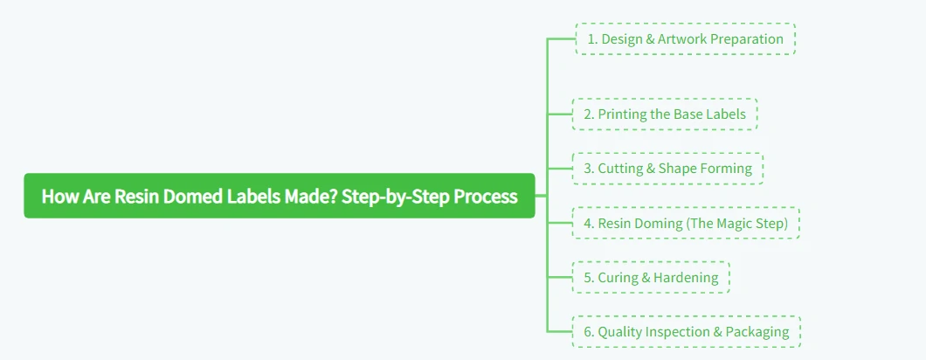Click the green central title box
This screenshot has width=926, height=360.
click(279, 196)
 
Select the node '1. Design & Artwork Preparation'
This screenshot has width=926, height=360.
click(685, 39)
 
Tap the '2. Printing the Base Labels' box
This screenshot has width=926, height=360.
click(665, 114)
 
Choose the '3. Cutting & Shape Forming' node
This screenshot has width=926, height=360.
click(667, 169)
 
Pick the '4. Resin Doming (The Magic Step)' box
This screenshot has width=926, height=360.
click(685, 224)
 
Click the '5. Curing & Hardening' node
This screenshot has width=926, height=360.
click(650, 278)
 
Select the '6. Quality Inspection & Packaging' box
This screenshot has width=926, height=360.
click(686, 332)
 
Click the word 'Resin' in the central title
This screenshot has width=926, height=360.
click(138, 197)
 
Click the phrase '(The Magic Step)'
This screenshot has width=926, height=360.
click(737, 224)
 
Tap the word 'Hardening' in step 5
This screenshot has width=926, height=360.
click(686, 278)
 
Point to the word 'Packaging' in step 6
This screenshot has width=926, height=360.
click(757, 332)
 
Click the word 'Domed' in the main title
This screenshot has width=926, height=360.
click(193, 197)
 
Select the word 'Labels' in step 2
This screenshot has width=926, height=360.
click(726, 114)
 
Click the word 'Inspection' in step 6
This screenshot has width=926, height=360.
click(676, 332)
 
